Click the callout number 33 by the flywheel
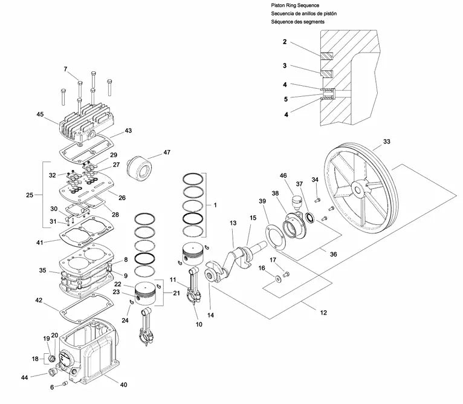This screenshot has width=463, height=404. pos(386,142)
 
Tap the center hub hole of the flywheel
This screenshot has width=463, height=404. pos(358,189)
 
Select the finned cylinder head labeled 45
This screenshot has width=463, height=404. pos(86,122)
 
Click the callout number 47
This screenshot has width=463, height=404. pos(167,152)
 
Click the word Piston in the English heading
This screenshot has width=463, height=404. pos(277,5)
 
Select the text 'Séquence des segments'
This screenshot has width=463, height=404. pos(297,22)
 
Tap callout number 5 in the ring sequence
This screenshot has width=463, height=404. pos(286,99)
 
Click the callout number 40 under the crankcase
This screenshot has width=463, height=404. pos(123,385)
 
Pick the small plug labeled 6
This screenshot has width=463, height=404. pos(65,383)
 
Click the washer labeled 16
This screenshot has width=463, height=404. pos(279,278)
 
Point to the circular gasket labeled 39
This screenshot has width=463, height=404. pos(276,237)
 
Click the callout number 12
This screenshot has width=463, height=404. pos(323,313)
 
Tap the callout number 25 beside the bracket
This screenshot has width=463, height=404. pos(30,195)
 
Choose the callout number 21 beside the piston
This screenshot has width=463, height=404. pos(176,293)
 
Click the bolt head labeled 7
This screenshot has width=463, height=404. pos(80,82)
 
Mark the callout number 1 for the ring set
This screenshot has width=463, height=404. pos(215,205)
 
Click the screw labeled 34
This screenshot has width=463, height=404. pos(318,200)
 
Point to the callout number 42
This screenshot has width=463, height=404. pos(39,300)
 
